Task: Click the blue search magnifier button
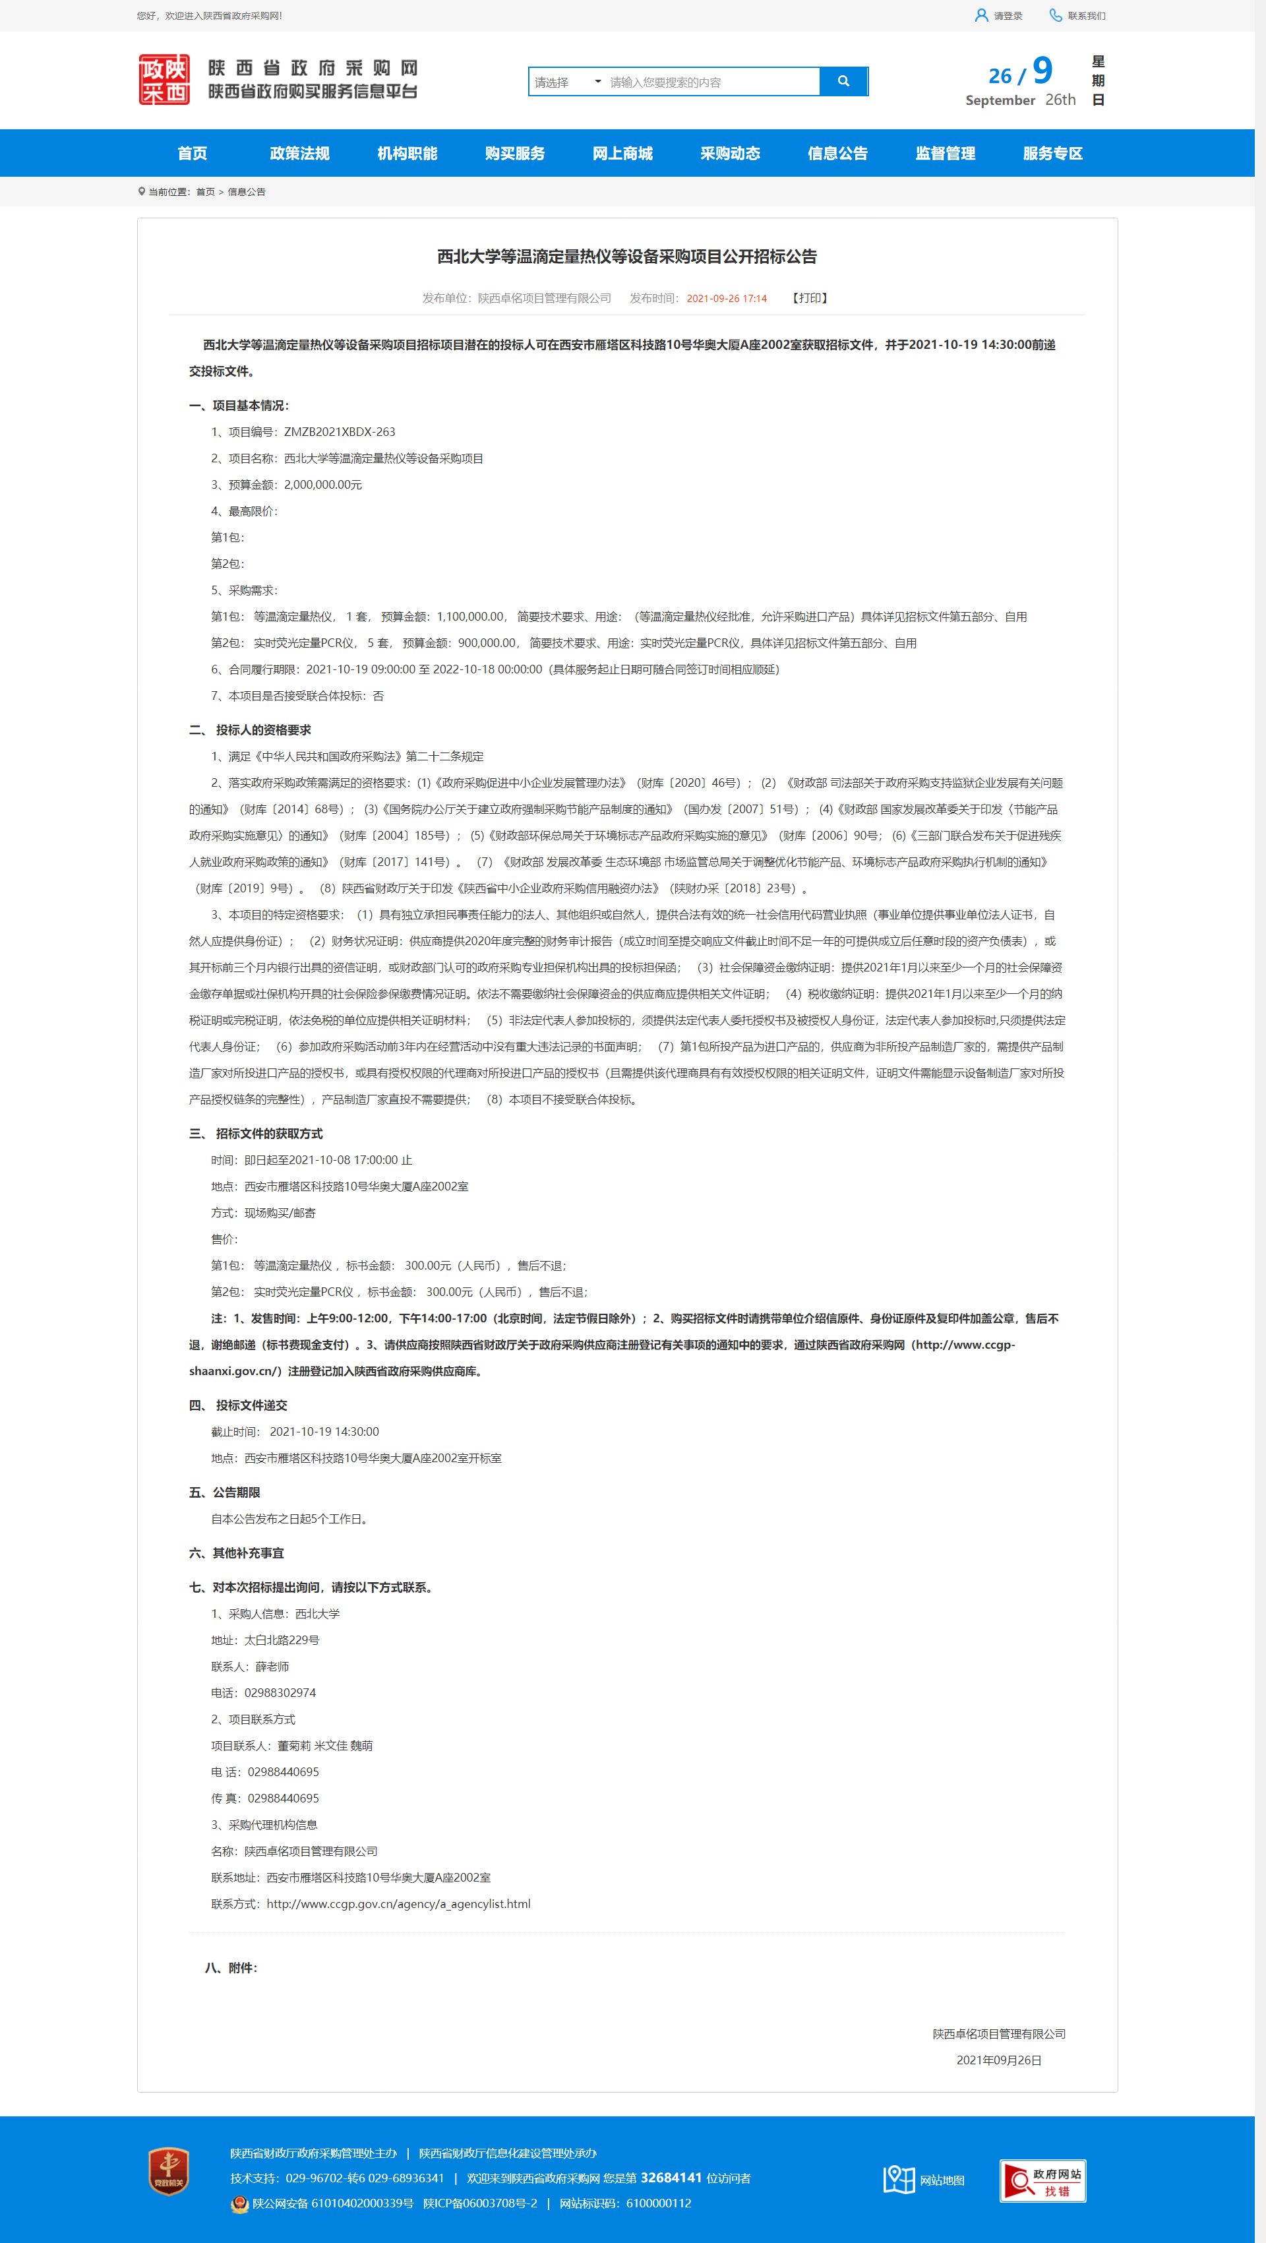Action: point(843,81)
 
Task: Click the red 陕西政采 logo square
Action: point(165,80)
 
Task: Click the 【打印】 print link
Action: point(810,299)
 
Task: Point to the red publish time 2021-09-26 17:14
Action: point(726,299)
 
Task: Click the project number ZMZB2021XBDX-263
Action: point(339,432)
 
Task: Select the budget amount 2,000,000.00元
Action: point(322,485)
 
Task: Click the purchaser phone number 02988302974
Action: point(280,1693)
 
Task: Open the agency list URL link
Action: point(398,1904)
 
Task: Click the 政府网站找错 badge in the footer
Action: point(1042,2180)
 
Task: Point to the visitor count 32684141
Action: point(671,2178)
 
